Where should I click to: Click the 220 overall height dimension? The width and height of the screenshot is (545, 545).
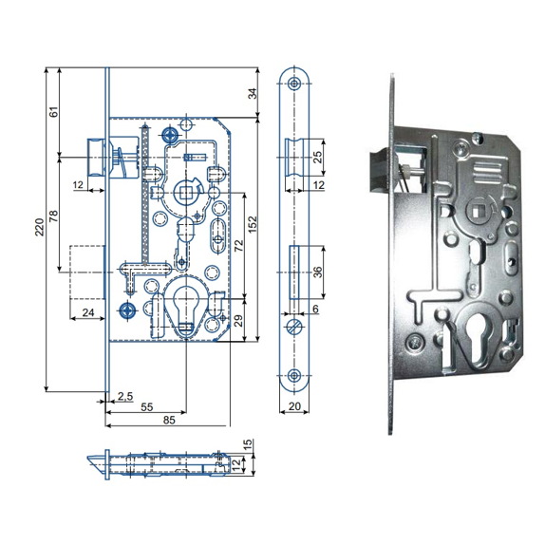pyautogui.click(x=40, y=227)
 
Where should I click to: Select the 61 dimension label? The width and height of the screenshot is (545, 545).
pyautogui.click(x=54, y=112)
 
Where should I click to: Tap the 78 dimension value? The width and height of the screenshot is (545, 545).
pyautogui.click(x=53, y=216)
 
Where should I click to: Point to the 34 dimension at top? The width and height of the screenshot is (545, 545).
pyautogui.click(x=254, y=93)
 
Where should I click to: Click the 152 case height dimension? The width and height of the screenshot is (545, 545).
pyautogui.click(x=253, y=224)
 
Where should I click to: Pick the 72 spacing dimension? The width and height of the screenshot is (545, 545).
pyautogui.click(x=239, y=246)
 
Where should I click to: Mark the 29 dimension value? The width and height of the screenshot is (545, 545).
pyautogui.click(x=238, y=321)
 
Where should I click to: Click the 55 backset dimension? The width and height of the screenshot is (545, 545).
pyautogui.click(x=146, y=406)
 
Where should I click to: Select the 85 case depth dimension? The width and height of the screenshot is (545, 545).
pyautogui.click(x=169, y=420)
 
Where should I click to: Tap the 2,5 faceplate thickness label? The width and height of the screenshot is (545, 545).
pyautogui.click(x=124, y=396)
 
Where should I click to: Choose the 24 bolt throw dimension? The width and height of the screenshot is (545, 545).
pyautogui.click(x=88, y=312)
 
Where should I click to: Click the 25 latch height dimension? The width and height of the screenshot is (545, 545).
pyautogui.click(x=318, y=157)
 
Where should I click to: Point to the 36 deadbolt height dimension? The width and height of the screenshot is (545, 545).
pyautogui.click(x=318, y=272)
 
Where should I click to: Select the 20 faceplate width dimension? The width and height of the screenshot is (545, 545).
pyautogui.click(x=294, y=406)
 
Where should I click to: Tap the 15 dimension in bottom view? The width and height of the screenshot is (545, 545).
pyautogui.click(x=248, y=445)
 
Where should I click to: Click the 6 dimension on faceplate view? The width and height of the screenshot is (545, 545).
pyautogui.click(x=315, y=309)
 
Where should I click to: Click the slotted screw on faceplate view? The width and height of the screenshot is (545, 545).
pyautogui.click(x=294, y=327)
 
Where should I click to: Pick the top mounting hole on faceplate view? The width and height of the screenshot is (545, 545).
pyautogui.click(x=294, y=84)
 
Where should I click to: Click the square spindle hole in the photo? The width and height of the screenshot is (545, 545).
pyautogui.click(x=476, y=211)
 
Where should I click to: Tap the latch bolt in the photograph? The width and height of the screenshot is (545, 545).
pyautogui.click(x=380, y=169)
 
